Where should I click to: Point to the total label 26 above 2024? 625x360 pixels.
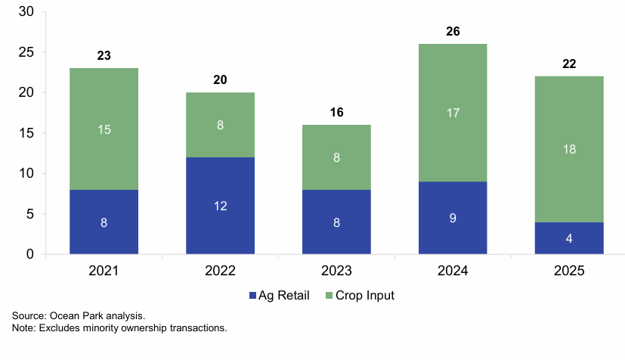(x=453, y=32)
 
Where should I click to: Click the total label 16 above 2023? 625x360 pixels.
(x=336, y=112)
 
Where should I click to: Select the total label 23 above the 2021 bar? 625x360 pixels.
(x=104, y=56)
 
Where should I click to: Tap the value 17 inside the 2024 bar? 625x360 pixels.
(x=453, y=113)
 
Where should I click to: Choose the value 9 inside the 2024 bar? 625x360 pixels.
(x=453, y=219)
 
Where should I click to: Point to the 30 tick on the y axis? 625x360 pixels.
(x=27, y=12)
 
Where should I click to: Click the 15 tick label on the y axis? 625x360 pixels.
(x=27, y=133)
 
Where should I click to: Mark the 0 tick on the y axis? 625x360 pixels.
(x=30, y=254)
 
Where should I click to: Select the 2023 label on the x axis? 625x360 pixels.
(x=336, y=271)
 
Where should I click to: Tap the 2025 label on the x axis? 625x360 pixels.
(x=569, y=271)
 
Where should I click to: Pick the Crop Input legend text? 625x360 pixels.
(x=366, y=296)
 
